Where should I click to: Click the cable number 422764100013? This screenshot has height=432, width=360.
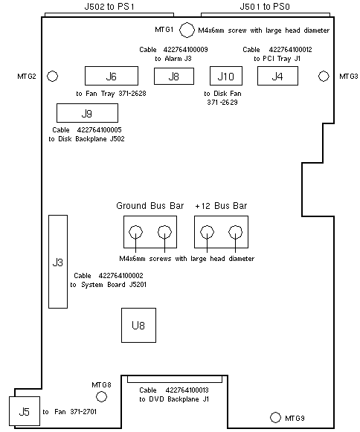click(187, 390)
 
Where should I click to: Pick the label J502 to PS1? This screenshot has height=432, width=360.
click(109, 7)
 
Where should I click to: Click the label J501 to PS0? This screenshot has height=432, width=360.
click(265, 7)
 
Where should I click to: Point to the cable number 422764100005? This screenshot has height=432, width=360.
click(99, 130)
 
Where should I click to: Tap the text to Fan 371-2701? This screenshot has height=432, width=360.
click(69, 412)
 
